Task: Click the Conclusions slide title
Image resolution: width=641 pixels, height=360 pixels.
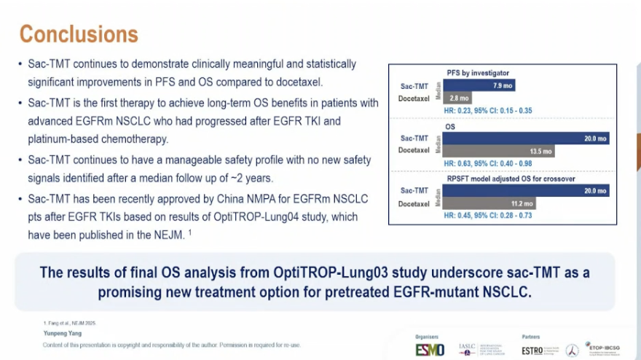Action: pyautogui.click(x=79, y=34)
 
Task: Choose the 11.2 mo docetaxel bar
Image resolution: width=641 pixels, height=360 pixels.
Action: pyautogui.click(x=522, y=203)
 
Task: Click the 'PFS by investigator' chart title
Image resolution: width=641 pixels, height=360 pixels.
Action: pyautogui.click(x=477, y=73)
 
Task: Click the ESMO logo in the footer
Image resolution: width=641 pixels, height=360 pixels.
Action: pyautogui.click(x=430, y=350)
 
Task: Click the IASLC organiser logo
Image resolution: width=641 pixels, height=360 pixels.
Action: pyautogui.click(x=476, y=350)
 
